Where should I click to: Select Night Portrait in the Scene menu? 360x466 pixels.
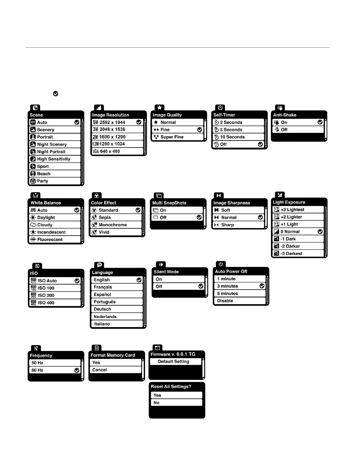tap(51, 152)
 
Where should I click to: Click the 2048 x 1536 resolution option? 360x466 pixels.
tap(112, 129)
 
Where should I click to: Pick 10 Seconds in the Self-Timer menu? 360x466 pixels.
tap(232, 137)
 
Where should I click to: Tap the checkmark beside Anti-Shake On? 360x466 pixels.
tap(320, 122)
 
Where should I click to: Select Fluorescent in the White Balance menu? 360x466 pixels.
tap(50, 239)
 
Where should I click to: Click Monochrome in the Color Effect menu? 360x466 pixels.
tap(113, 225)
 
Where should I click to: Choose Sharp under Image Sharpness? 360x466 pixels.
tap(227, 225)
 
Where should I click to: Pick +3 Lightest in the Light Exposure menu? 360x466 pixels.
tap(292, 210)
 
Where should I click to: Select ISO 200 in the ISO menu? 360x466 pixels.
tap(46, 295)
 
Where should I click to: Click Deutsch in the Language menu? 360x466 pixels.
tap(102, 309)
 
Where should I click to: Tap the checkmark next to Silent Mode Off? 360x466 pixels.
tap(201, 286)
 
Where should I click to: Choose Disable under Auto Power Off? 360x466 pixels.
tap(225, 301)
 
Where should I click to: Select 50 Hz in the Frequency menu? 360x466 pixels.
tap(37, 363)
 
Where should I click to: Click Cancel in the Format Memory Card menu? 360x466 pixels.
tap(99, 370)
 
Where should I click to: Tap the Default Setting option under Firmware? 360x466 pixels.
tap(174, 362)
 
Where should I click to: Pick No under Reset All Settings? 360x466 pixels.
tap(156, 403)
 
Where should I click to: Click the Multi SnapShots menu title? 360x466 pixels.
tap(169, 203)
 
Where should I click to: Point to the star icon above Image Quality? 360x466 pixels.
tap(160, 108)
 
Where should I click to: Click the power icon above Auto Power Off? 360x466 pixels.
tap(221, 264)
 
